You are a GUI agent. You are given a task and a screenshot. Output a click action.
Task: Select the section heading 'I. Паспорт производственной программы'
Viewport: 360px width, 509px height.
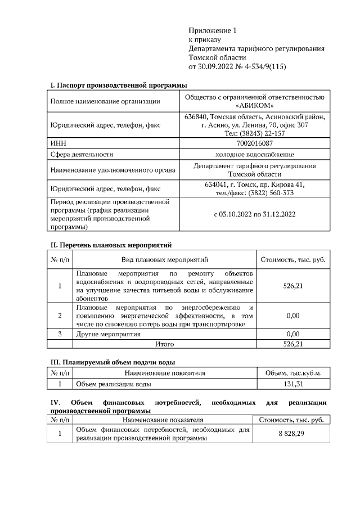[x=118, y=85]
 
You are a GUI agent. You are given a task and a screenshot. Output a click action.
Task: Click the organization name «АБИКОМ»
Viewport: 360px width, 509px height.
[x=255, y=106]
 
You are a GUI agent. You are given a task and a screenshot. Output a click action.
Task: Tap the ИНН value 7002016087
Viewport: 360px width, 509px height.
[x=255, y=144]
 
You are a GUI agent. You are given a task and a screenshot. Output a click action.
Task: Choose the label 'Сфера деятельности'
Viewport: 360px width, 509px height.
[x=82, y=154]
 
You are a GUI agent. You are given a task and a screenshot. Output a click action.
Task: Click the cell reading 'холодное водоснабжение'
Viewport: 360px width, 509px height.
[x=255, y=154]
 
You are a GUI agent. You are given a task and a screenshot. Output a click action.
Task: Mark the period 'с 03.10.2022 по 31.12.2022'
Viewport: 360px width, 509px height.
[x=255, y=214]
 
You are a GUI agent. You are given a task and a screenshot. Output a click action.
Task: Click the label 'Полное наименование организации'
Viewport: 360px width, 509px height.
[x=105, y=101]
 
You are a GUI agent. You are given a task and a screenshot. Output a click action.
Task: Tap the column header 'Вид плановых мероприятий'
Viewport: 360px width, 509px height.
[x=165, y=260]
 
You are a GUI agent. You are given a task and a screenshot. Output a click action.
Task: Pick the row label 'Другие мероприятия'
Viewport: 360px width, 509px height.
[x=108, y=334]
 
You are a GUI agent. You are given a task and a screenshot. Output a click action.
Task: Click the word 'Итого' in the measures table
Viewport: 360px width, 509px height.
[x=165, y=344]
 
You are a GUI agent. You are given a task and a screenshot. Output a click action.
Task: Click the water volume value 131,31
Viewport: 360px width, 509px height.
[x=293, y=384]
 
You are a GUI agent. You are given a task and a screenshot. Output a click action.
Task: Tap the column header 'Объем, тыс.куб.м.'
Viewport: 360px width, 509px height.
[x=293, y=373]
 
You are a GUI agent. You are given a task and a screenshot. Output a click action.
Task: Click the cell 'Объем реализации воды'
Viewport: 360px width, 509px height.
[x=113, y=384]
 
